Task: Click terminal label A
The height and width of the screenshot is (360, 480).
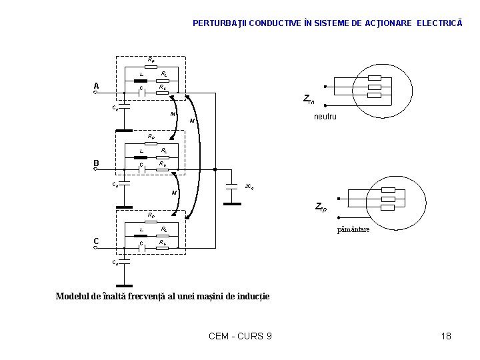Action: tap(97, 86)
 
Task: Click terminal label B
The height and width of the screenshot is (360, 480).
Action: tap(97, 163)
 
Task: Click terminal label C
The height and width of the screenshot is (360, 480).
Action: tap(97, 241)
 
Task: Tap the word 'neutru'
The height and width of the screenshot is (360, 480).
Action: tap(325, 117)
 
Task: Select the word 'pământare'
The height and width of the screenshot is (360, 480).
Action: tap(353, 229)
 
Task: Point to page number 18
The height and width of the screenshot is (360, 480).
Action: tap(446, 336)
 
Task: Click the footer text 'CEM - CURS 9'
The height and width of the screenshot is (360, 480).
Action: tap(240, 336)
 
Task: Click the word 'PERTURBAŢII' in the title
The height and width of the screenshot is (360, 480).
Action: tap(217, 23)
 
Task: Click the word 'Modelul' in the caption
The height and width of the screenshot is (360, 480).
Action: tap(73, 296)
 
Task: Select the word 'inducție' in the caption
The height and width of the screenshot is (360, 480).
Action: tap(253, 296)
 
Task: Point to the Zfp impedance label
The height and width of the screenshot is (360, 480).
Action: tap(320, 207)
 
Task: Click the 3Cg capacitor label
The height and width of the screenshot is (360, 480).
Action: tap(249, 187)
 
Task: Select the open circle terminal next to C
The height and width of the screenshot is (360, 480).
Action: tap(97, 249)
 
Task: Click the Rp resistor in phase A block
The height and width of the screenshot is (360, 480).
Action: tap(151, 65)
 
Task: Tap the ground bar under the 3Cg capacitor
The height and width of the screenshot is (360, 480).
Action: tap(233, 203)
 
